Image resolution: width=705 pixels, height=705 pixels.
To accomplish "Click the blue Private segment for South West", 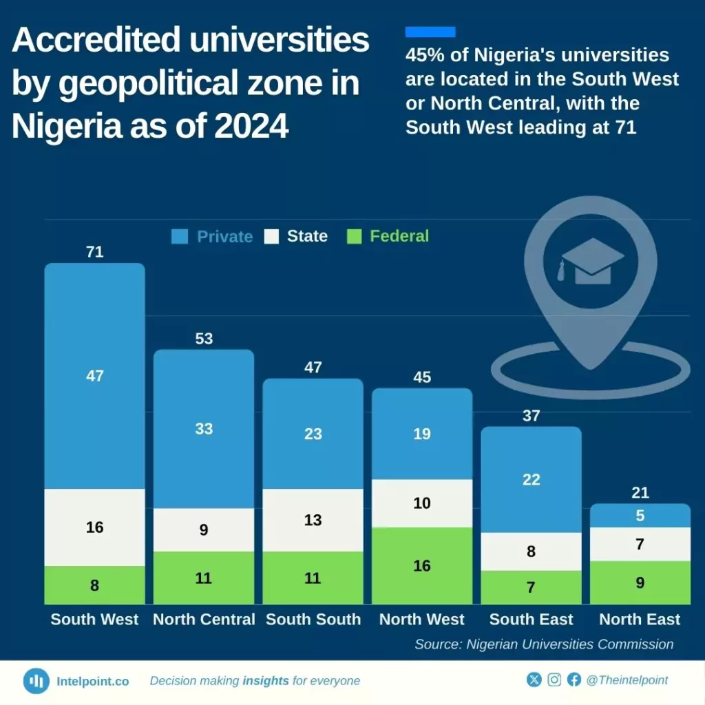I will point(95,376).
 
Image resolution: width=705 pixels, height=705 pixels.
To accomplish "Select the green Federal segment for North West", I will point(422,566).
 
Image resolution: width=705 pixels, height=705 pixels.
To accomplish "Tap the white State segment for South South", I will point(313,520).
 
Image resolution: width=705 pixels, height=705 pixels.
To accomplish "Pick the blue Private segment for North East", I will point(640,516).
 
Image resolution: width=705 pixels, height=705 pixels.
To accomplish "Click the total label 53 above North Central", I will point(204,339).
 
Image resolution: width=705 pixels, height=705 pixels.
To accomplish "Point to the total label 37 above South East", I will point(531,416).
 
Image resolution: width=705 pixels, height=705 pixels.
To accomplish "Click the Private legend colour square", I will point(180,237).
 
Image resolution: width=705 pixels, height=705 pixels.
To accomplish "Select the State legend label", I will point(307,236).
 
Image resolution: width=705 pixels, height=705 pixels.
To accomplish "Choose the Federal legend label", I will point(399,236).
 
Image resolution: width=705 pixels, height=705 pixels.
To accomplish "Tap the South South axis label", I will point(313,619).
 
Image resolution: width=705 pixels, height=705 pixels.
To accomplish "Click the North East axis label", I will point(640,619).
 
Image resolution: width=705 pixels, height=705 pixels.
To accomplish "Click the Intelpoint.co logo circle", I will point(36,681).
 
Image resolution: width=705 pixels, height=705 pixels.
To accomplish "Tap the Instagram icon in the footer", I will point(554,680).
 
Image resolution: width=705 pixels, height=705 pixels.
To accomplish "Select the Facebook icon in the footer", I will point(574,680).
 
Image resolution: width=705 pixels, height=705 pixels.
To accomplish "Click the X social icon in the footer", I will point(534,680).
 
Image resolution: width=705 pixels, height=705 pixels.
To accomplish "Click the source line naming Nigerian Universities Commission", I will point(544,644).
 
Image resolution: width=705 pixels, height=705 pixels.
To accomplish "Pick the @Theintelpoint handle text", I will point(627,680).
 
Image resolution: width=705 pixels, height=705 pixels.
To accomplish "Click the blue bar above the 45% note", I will point(430,32).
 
